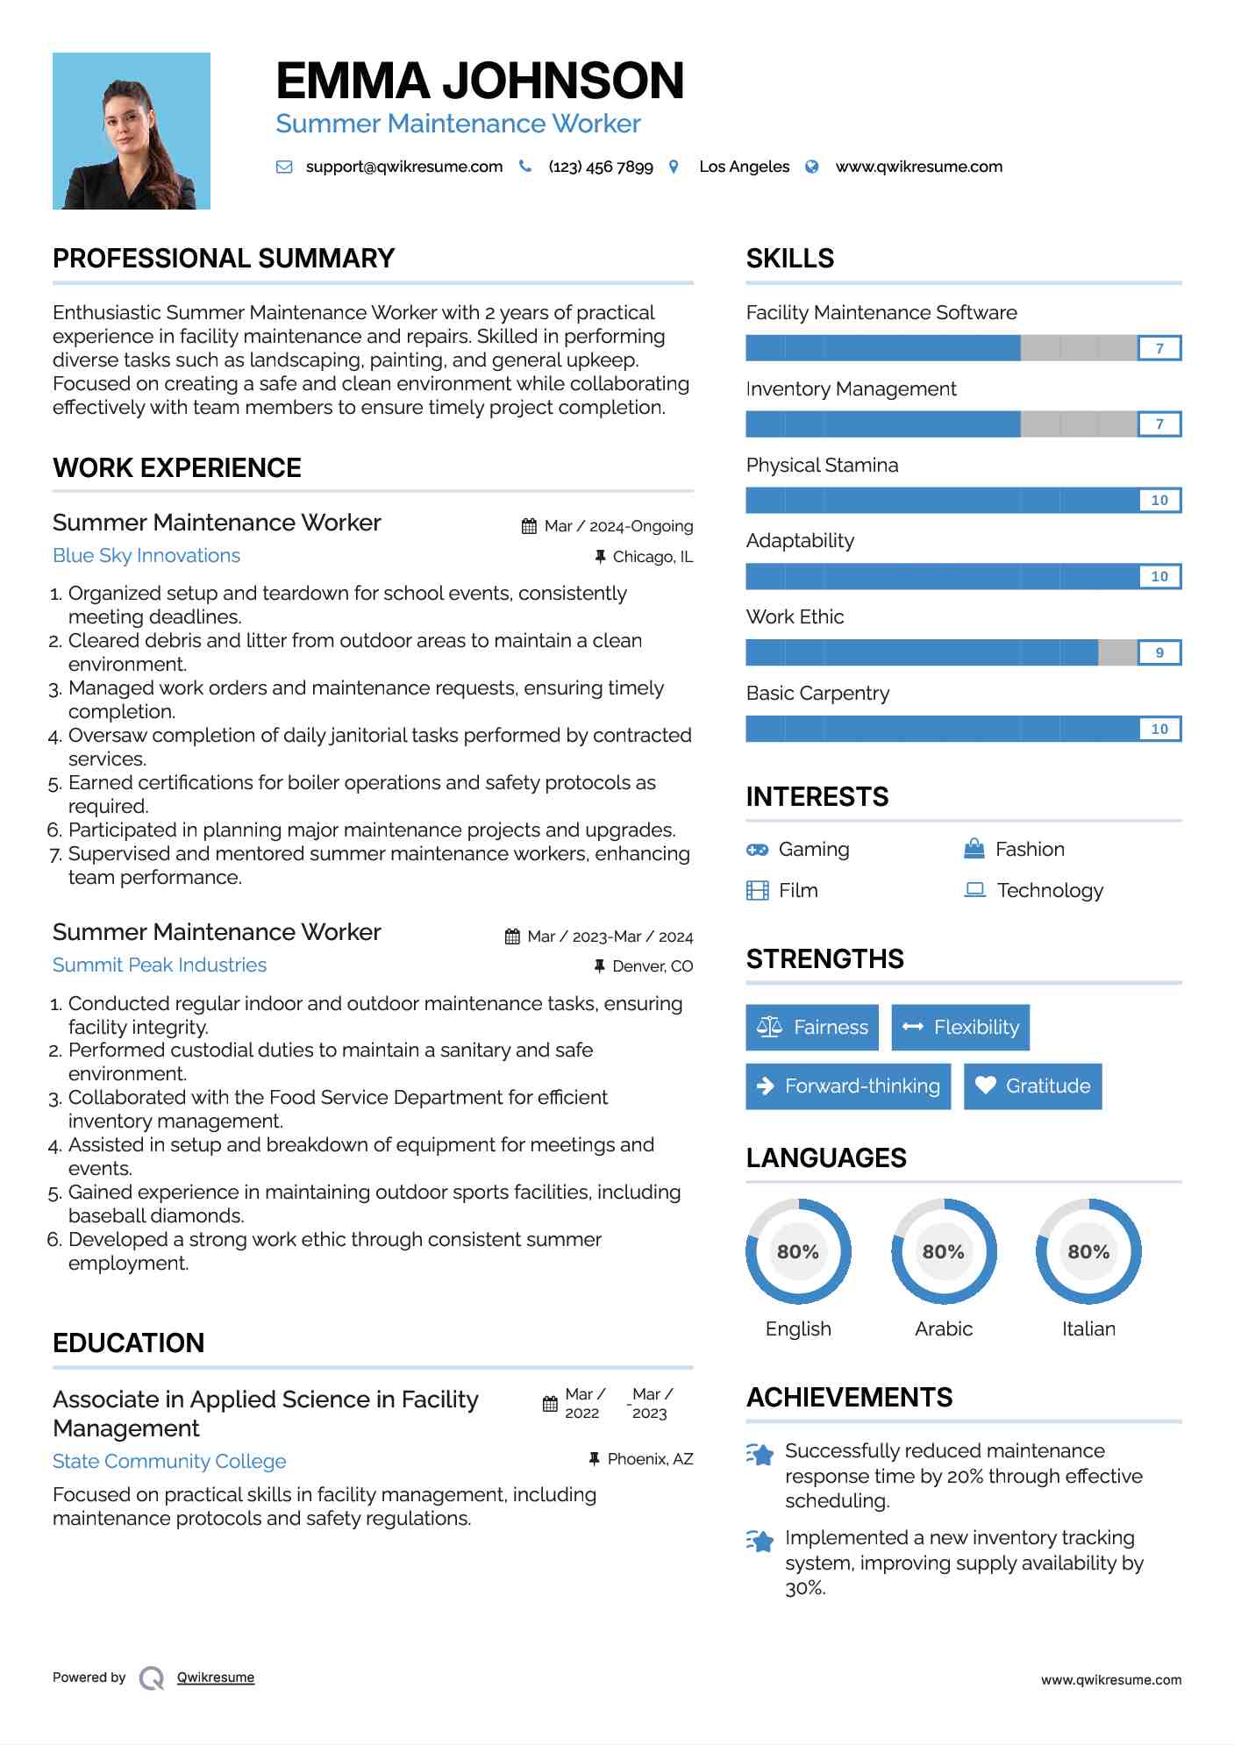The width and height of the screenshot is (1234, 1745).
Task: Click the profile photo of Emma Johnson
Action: click(132, 132)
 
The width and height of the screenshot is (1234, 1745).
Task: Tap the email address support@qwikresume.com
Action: click(403, 167)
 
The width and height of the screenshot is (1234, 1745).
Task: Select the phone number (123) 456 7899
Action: click(601, 167)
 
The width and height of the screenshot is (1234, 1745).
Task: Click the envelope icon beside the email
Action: click(284, 167)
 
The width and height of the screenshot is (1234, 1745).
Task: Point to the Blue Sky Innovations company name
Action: click(146, 556)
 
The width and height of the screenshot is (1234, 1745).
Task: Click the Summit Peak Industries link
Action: click(160, 965)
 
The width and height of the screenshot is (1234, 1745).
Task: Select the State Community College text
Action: click(169, 1462)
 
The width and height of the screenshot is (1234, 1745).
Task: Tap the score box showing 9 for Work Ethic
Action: click(1159, 653)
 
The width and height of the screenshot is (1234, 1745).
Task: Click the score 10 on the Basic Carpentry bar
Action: click(1159, 730)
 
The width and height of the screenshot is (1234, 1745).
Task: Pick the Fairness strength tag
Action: click(812, 1028)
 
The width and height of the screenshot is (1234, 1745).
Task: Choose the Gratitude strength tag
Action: click(1032, 1086)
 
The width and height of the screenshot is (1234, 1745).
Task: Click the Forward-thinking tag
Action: click(848, 1086)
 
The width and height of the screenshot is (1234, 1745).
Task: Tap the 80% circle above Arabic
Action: click(944, 1252)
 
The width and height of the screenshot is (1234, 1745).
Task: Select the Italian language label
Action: click(1088, 1329)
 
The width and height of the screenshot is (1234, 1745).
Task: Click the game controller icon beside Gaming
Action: click(757, 850)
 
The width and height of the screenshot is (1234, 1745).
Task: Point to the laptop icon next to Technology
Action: click(974, 890)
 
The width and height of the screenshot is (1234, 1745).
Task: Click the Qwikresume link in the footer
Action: click(216, 1677)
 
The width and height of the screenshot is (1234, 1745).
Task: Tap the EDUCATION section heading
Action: click(129, 1343)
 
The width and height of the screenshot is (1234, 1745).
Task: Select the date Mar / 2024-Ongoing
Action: click(618, 526)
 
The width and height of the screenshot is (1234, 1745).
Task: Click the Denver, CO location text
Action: click(653, 966)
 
